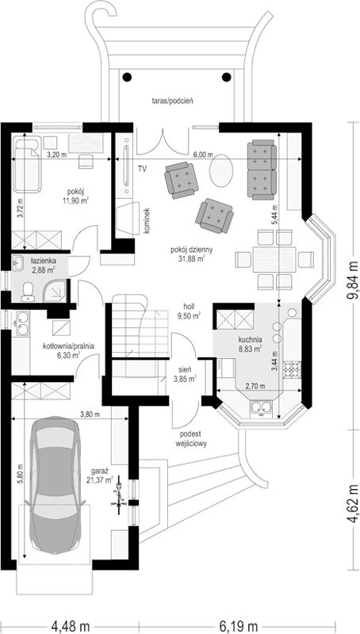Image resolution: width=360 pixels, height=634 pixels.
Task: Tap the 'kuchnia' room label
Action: [x=251, y=340]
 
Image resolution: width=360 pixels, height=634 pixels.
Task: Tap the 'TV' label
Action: [x=142, y=169]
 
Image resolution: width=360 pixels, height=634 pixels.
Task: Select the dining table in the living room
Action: [x=274, y=259]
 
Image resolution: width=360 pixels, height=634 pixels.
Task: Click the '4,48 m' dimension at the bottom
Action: [x=71, y=626]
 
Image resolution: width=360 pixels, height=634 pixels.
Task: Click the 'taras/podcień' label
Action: [x=170, y=101]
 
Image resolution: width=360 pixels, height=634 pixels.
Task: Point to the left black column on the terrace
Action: [x=127, y=76]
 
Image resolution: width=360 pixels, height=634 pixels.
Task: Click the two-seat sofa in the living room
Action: [x=262, y=170]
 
